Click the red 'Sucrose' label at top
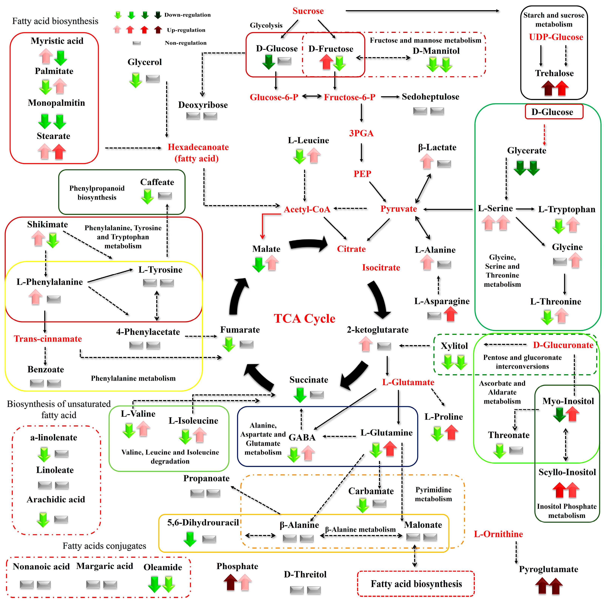click(308, 11)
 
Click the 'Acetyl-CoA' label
click(307, 209)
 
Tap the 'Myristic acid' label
click(57, 41)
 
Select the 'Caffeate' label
click(157, 182)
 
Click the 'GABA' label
click(302, 437)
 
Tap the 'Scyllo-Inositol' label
click(567, 472)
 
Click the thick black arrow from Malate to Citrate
click(308, 244)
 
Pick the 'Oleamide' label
click(163, 567)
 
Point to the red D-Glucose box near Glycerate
click(554, 112)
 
